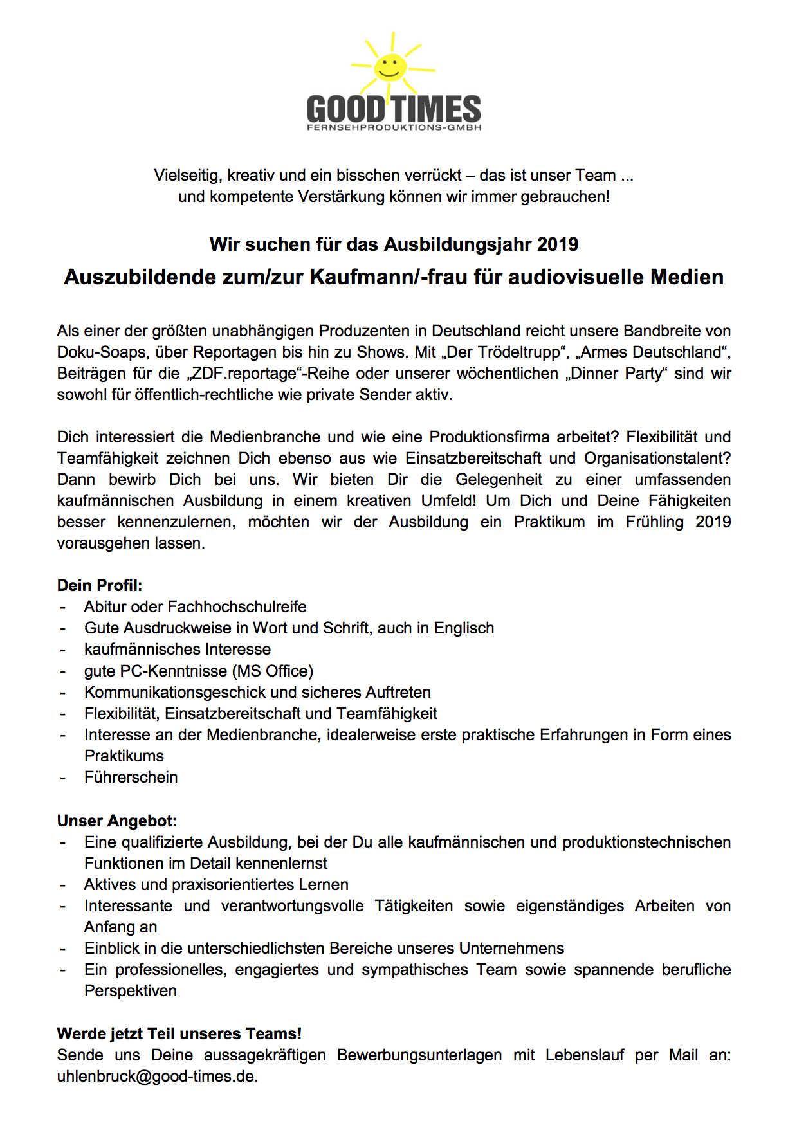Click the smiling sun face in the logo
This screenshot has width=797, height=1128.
coord(390,66)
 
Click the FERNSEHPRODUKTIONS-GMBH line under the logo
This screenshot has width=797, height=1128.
coord(394,128)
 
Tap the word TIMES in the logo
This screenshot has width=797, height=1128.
coord(435,109)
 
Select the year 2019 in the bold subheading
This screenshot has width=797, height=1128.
coord(557,244)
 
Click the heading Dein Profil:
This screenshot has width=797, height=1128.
coord(100,585)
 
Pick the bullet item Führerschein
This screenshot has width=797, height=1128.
coord(131,777)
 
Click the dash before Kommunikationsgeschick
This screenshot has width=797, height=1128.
coord(63,693)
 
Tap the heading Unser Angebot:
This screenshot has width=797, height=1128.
coord(116,821)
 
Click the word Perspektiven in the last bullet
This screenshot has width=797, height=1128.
coord(130,990)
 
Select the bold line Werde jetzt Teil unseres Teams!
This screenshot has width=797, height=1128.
coord(179,1033)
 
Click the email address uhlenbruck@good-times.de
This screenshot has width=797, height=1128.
coord(157,1076)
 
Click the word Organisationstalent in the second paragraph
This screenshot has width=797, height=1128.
coord(655,459)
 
